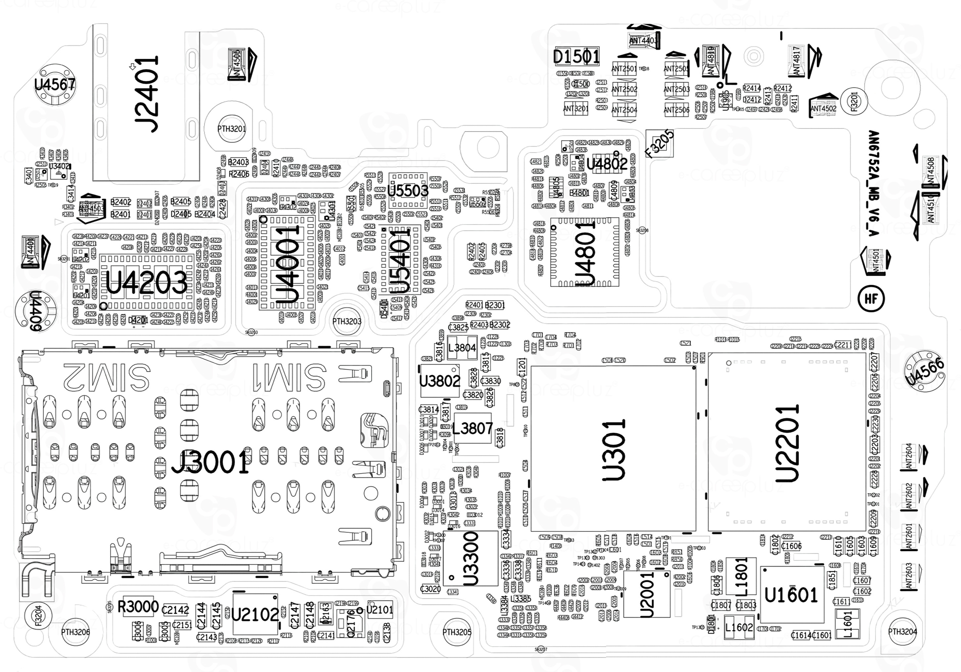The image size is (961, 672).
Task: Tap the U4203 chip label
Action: pyautogui.click(x=147, y=283)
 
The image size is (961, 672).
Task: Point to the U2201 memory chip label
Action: pyautogui.click(x=787, y=444)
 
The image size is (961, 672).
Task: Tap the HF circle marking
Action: pyautogui.click(x=871, y=299)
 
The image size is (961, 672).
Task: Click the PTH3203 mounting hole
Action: pyautogui.click(x=346, y=321)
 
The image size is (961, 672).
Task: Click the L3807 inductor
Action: pyautogui.click(x=473, y=428)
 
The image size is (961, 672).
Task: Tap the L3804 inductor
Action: pyautogui.click(x=462, y=348)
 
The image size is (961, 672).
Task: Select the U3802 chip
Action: pyautogui.click(x=439, y=381)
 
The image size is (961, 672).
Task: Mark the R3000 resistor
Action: pyautogui.click(x=138, y=606)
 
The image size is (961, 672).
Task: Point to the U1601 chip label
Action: pyautogui.click(x=791, y=595)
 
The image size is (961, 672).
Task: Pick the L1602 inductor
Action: pyautogui.click(x=739, y=628)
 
